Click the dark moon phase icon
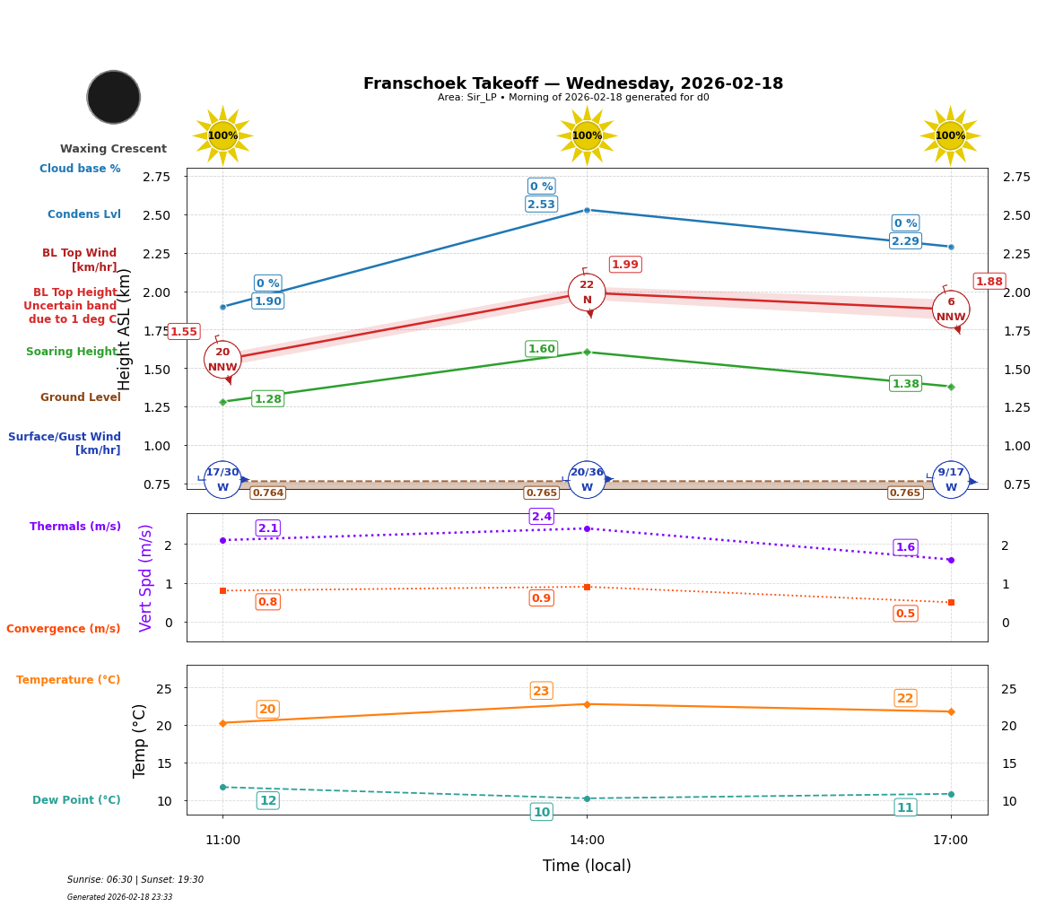pyautogui.click(x=114, y=97)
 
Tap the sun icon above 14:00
pyautogui.click(x=587, y=135)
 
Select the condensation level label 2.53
pyautogui.click(x=541, y=205)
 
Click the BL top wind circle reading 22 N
pyautogui.click(x=587, y=292)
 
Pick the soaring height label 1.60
pyautogui.click(x=541, y=349)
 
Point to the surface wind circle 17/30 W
pyautogui.click(x=222, y=480)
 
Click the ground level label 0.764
pyautogui.click(x=267, y=493)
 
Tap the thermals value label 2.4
pyautogui.click(x=542, y=517)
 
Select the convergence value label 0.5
pyautogui.click(x=905, y=614)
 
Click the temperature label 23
pyautogui.click(x=541, y=691)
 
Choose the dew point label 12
pyautogui.click(x=267, y=800)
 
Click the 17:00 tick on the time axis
pyautogui.click(x=950, y=841)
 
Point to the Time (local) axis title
pyautogui.click(x=587, y=866)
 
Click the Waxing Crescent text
pyautogui.click(x=113, y=149)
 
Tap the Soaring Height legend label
pyautogui.click(x=72, y=352)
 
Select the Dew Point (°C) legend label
pyautogui.click(x=76, y=800)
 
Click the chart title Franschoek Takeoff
pyautogui.click(x=573, y=83)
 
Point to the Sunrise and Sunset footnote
pyautogui.click(x=135, y=880)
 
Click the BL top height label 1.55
pyautogui.click(x=183, y=332)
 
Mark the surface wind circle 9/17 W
pyautogui.click(x=951, y=480)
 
